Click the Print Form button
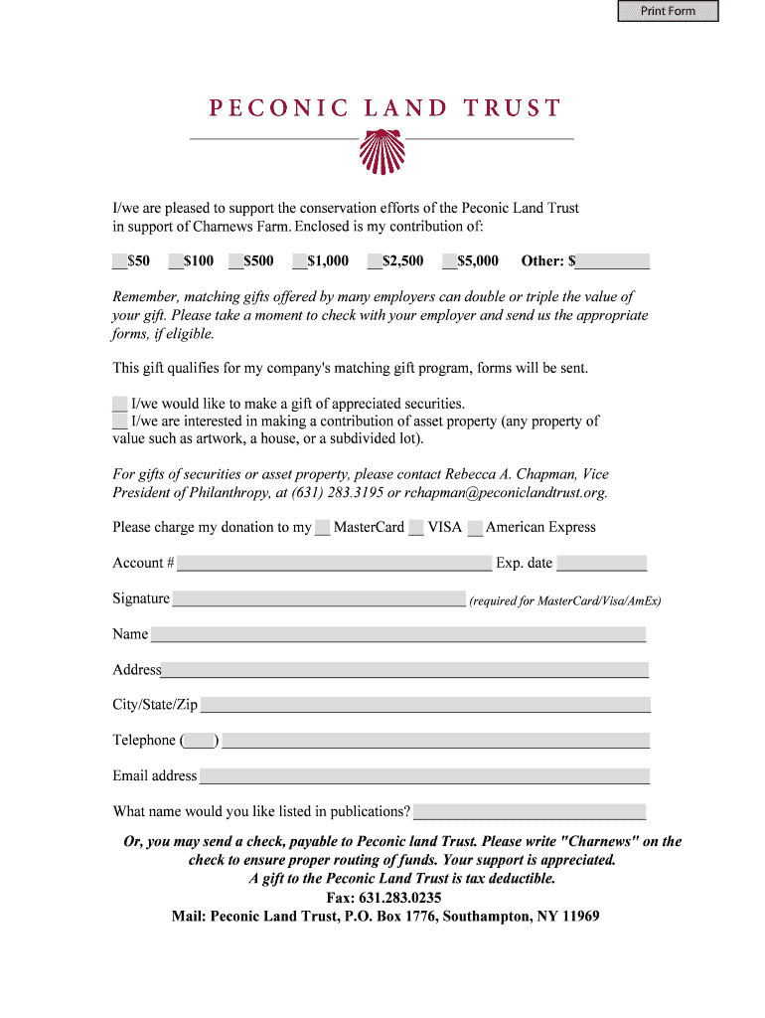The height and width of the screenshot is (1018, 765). point(668,12)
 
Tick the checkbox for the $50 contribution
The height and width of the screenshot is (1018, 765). point(119,261)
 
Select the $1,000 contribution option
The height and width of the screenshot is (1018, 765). point(299,261)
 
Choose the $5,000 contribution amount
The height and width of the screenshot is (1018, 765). point(449,261)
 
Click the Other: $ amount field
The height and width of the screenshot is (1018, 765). point(613,261)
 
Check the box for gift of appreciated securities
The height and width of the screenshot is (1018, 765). point(120,404)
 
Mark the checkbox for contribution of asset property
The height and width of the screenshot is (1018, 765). point(120,422)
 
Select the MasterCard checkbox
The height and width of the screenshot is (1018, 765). point(323,528)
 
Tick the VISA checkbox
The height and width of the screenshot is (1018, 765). point(417,528)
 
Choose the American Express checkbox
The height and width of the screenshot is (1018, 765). point(475,528)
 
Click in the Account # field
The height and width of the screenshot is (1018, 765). point(334,564)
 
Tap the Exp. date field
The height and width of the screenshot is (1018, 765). point(601,564)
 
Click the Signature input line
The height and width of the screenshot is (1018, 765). point(319,599)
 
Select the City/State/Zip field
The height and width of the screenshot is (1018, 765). point(425,705)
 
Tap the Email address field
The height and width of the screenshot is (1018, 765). point(424,776)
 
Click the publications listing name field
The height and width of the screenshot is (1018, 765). point(530,812)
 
